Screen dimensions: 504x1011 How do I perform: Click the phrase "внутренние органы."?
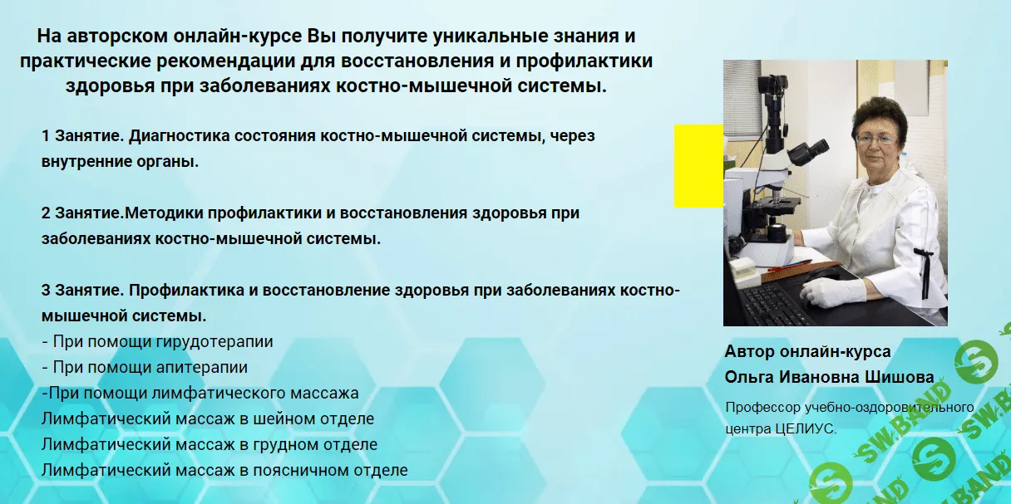[120, 162]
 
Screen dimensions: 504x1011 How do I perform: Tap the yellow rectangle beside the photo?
[698, 166]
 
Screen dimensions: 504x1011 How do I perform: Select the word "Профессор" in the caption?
[762, 408]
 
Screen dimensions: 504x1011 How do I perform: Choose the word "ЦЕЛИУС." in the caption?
[806, 429]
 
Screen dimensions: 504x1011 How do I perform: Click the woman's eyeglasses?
[873, 139]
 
